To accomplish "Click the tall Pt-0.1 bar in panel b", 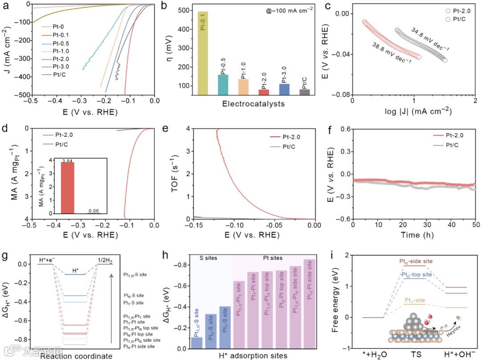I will (x=203, y=53).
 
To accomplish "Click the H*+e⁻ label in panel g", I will (x=47, y=259).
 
